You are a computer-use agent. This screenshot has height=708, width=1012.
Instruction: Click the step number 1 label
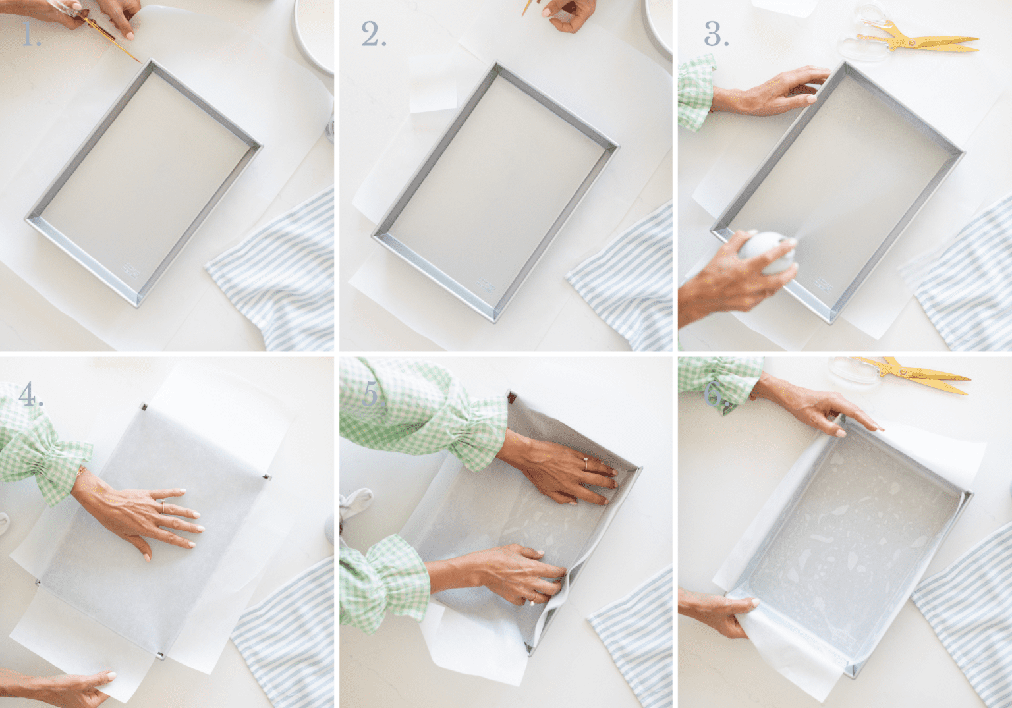pyautogui.click(x=30, y=35)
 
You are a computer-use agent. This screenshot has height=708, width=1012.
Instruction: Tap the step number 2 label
pyautogui.click(x=373, y=35)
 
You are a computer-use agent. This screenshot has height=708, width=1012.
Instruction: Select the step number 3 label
pyautogui.click(x=716, y=35)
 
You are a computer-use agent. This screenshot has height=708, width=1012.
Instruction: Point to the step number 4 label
pyautogui.click(x=30, y=395)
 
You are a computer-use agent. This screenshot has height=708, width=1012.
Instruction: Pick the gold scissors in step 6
pyautogui.click(x=916, y=373)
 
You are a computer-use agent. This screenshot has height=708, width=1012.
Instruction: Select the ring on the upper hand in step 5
pyautogui.click(x=585, y=463)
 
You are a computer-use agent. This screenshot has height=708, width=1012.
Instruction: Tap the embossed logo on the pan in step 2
pyautogui.click(x=486, y=284)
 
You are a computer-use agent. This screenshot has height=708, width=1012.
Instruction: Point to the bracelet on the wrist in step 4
pyautogui.click(x=80, y=473)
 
